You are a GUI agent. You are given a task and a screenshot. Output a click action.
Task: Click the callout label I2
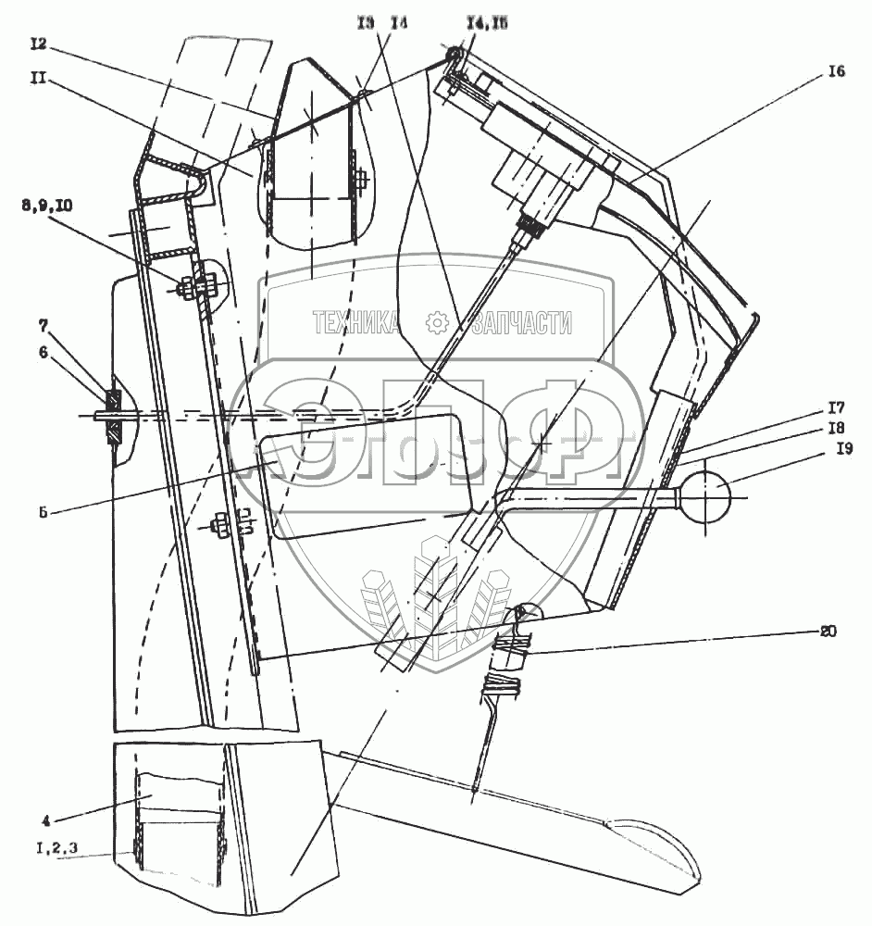38,43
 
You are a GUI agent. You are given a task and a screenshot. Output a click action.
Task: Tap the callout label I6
836,73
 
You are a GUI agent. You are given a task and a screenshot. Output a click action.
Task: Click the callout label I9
843,449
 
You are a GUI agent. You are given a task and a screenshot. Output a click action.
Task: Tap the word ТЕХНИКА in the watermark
356,323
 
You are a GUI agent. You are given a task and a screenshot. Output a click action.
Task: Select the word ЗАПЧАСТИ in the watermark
521,323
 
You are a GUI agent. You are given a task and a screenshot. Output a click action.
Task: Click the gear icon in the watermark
436,323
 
